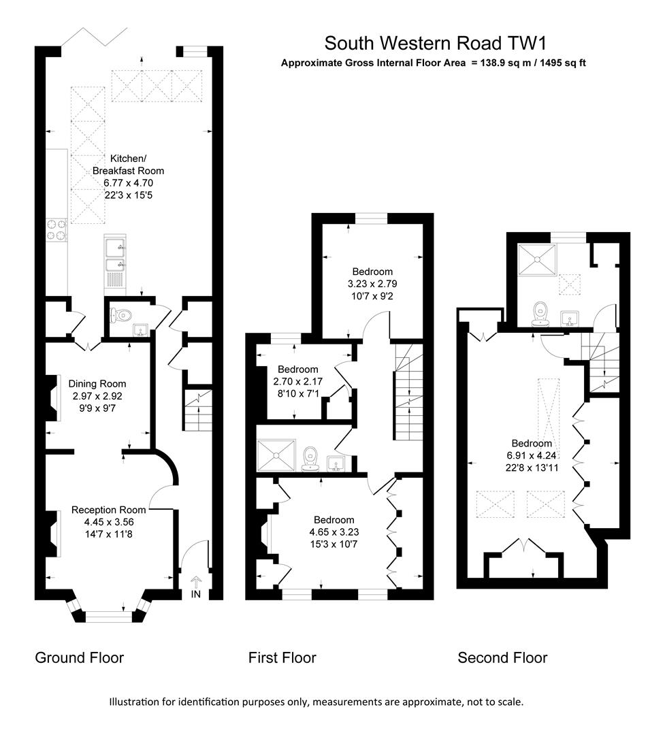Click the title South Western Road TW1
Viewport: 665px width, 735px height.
click(436, 43)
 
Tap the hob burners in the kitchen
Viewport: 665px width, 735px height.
click(56, 229)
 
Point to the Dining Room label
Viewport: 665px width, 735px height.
click(99, 384)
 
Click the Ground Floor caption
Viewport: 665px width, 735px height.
click(80, 657)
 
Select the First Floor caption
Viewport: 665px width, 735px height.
click(282, 657)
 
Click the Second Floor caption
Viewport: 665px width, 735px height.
click(502, 657)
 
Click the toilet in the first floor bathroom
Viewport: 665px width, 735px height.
click(310, 458)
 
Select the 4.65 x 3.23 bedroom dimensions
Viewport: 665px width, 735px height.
click(334, 532)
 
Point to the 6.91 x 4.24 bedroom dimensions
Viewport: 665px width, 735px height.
click(533, 456)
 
